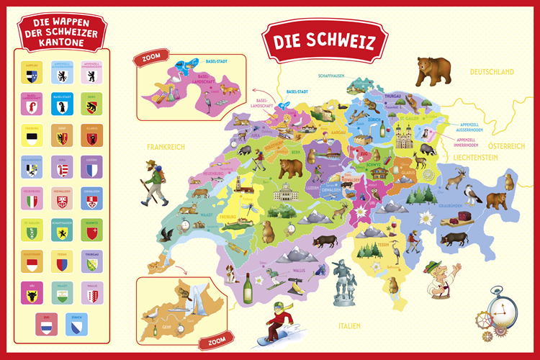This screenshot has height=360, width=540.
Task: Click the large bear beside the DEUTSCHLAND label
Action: tap(433, 72)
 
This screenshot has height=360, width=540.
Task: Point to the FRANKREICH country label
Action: tap(166, 146)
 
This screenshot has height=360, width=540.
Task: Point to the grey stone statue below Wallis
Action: tap(340, 284)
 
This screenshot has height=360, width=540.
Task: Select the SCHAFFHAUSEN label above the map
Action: tap(335, 75)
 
